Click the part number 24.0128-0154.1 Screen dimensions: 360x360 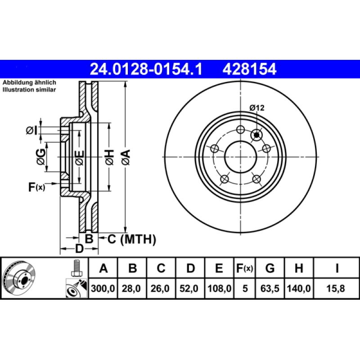pyautogui.click(x=146, y=69)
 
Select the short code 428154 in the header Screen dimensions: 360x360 pyautogui.click(x=247, y=69)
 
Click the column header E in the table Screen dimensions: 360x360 pyautogui.click(x=219, y=269)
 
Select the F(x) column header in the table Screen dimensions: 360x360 pyautogui.click(x=245, y=269)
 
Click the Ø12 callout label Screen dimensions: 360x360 pyautogui.click(x=256, y=108)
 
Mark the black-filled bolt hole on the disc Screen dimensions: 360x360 pyautogui.click(x=257, y=134)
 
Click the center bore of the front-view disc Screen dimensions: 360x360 pyautogui.click(x=241, y=157)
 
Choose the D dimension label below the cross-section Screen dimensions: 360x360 pyautogui.click(x=79, y=249)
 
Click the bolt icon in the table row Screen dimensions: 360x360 pyautogui.click(x=76, y=269)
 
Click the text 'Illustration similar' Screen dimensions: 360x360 pyautogui.click(x=29, y=90)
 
